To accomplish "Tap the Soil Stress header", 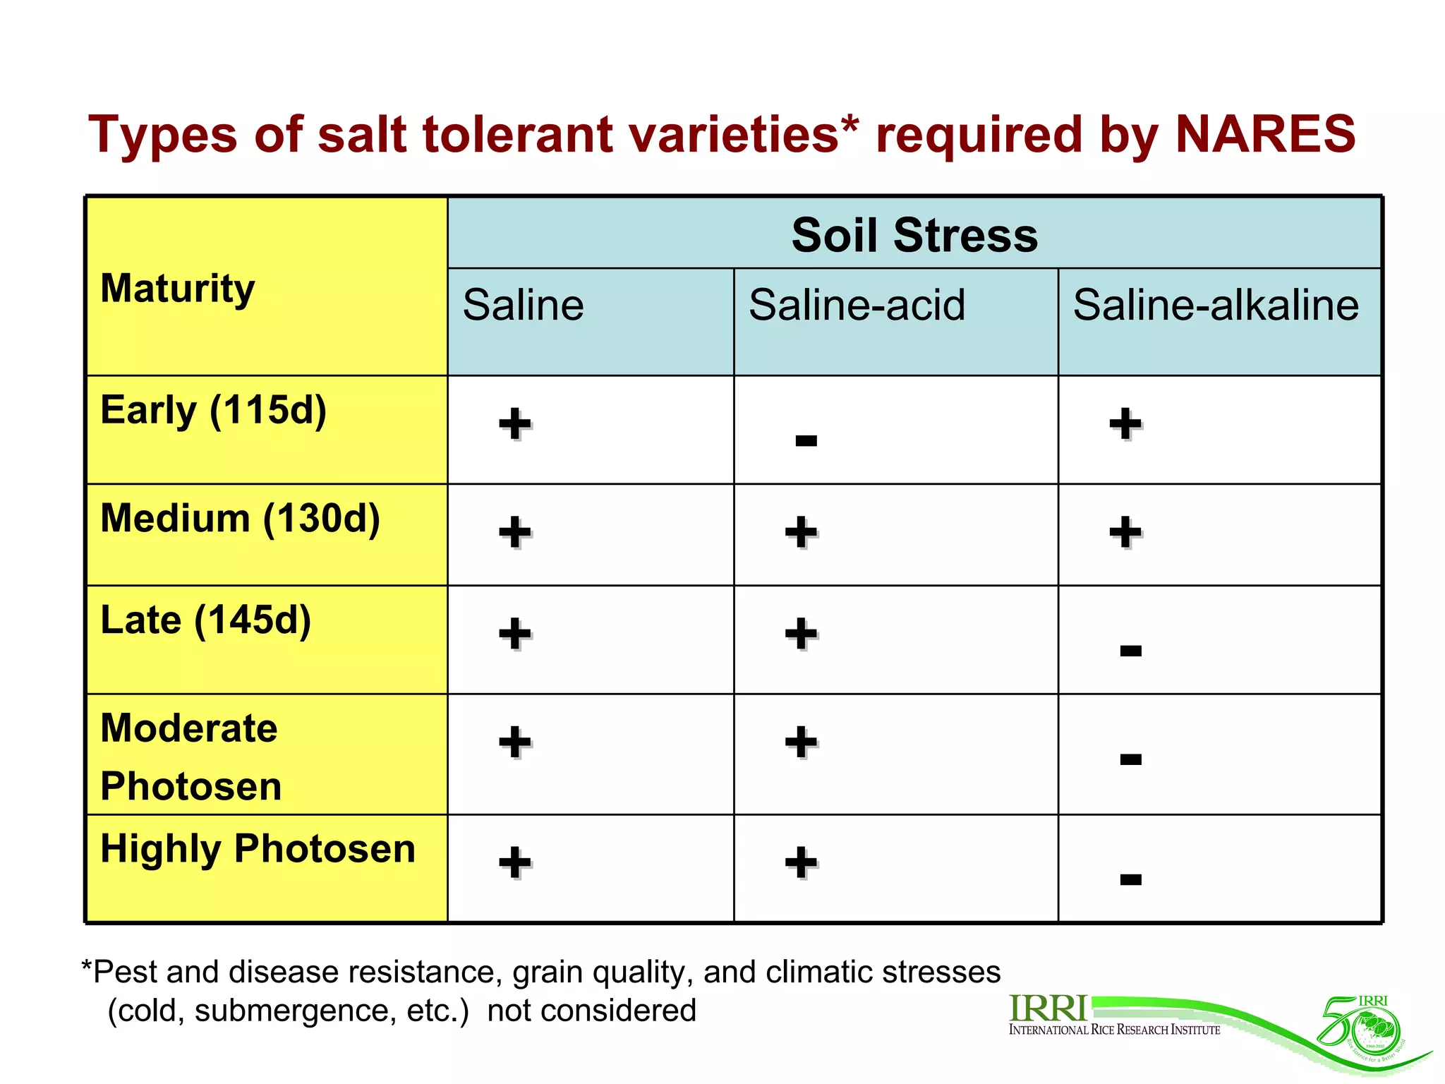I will (914, 235).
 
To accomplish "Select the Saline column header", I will (523, 305).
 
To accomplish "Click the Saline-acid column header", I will (857, 305).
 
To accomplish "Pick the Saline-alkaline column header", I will (1216, 305).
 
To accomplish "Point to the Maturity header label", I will (177, 289).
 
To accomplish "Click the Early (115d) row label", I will (213, 410).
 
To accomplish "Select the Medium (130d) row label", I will (240, 519).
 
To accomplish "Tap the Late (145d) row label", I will (205, 620).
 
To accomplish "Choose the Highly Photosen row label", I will (258, 849).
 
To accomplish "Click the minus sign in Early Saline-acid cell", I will (806, 441).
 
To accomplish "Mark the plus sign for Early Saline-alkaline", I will (1125, 423).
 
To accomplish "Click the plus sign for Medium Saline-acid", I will (801, 531).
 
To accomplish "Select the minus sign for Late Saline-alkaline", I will (1130, 651).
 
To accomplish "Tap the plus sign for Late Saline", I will (515, 633).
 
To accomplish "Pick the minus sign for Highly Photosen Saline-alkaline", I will (1130, 879).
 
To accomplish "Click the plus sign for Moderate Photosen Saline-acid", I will (801, 742).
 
